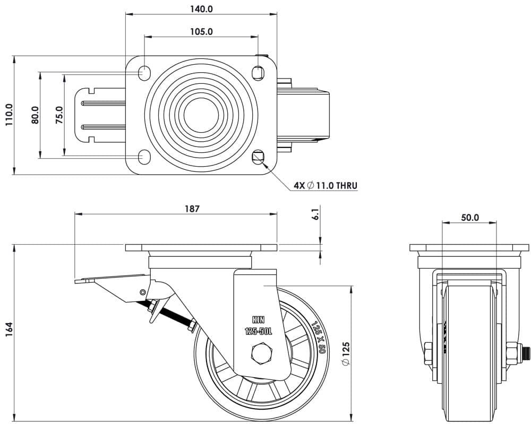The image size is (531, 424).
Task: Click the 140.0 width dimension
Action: click(201, 9)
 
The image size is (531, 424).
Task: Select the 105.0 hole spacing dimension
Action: click(201, 31)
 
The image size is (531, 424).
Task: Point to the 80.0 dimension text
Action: click(35, 115)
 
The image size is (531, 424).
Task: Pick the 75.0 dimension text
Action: click(59, 115)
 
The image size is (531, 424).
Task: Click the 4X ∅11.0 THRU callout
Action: click(326, 186)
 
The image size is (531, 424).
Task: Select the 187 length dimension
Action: click(192, 209)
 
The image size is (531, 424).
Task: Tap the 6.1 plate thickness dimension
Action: click(315, 215)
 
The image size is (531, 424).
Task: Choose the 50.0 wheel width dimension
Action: click(469, 217)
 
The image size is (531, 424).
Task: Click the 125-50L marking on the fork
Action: click(258, 331)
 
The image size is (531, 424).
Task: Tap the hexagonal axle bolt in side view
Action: click(259, 353)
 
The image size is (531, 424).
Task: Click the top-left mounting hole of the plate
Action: click(144, 72)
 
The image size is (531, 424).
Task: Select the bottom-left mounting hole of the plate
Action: click(144, 157)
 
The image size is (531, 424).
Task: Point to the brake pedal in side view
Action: click(109, 279)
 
